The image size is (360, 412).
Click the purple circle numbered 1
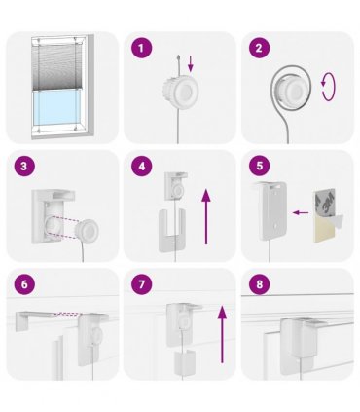pos(141,48)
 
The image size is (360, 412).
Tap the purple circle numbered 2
pos(259,48)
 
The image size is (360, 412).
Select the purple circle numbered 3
pos(24,167)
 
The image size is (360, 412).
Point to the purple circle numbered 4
pos(141,167)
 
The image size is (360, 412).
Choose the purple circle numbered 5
pos(259,167)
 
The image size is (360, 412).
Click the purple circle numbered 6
pos(24,284)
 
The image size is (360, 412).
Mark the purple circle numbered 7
pos(141,284)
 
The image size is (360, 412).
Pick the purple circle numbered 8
pos(259,284)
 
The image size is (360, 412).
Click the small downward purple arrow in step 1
pos(191,63)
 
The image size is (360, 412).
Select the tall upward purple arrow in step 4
pos(206,217)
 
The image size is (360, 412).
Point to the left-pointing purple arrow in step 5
pos(301,212)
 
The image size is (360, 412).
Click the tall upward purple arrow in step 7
pos(222,334)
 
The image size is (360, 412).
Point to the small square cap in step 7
pos(185,361)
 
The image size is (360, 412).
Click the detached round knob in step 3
pos(87,231)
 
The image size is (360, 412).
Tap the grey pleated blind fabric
pos(56,66)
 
